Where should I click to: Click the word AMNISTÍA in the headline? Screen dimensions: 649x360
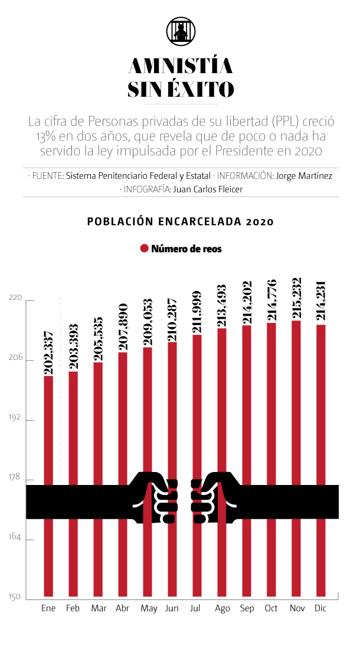(180, 65)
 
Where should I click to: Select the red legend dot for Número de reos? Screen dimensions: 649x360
(143, 249)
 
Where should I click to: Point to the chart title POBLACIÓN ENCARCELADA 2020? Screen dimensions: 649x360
(180, 222)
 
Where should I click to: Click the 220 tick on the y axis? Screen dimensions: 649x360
(15, 299)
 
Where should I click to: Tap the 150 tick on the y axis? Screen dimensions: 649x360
(15, 597)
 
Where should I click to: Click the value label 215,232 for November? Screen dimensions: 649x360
(296, 297)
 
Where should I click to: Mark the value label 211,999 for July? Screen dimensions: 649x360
(197, 312)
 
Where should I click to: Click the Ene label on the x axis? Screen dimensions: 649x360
(48, 608)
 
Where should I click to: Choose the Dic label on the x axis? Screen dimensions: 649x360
(320, 608)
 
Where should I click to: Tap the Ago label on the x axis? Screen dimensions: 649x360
(222, 608)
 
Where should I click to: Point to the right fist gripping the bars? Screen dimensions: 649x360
(212, 498)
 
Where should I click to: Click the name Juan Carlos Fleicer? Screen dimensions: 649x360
(207, 189)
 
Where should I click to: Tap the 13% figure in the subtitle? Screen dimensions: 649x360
(45, 136)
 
